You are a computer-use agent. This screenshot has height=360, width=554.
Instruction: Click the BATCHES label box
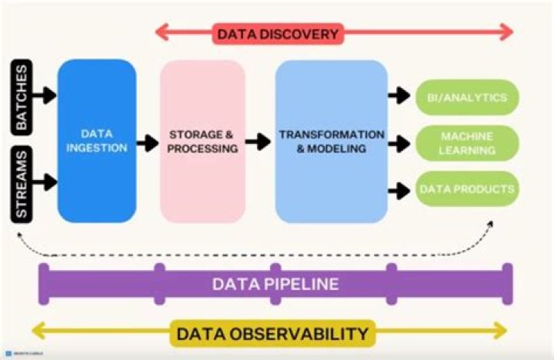pyautogui.click(x=23, y=95)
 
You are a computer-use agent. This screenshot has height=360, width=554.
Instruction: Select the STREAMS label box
pyautogui.click(x=23, y=183)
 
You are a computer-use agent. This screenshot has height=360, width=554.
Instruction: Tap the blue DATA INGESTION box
pyautogui.click(x=97, y=141)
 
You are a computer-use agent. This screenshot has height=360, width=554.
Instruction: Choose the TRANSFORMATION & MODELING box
pyautogui.click(x=331, y=141)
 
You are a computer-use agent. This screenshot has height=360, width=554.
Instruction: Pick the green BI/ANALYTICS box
pyautogui.click(x=467, y=98)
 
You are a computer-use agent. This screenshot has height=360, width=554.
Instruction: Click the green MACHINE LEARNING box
pyautogui.click(x=467, y=143)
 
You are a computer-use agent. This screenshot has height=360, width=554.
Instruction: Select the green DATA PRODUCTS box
pyautogui.click(x=467, y=188)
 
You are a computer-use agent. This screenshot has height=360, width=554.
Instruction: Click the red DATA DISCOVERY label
pyautogui.click(x=278, y=33)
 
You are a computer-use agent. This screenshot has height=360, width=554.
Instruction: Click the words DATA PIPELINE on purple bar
pyautogui.click(x=275, y=284)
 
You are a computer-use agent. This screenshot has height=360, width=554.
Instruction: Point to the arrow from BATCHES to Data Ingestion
pyautogui.click(x=45, y=95)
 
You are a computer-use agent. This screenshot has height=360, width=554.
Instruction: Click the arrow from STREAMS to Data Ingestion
pyautogui.click(x=45, y=182)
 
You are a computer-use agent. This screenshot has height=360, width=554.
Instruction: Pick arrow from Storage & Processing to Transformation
pyautogui.click(x=259, y=142)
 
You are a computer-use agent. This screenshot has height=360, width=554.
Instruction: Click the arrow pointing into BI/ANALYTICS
pyautogui.click(x=399, y=97)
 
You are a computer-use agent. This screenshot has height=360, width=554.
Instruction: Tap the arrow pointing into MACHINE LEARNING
pyautogui.click(x=399, y=142)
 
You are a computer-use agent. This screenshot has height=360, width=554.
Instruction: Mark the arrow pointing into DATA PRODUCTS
pyautogui.click(x=399, y=187)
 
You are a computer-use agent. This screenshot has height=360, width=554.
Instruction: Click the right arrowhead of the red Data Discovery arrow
pyautogui.click(x=506, y=32)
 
